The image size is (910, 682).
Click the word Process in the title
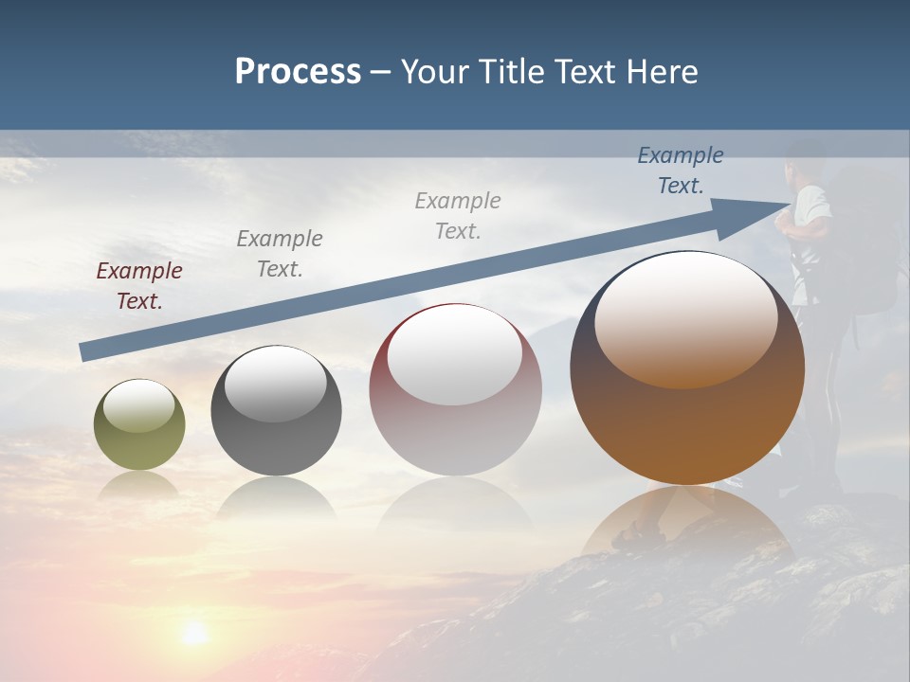pos(298,72)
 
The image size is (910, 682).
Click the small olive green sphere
pos(139,425)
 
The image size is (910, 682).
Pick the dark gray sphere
pos(276,411)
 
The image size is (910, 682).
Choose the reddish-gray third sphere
pos(455,389)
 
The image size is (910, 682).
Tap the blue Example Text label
pos(680,170)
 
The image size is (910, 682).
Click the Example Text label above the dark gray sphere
pos(280,254)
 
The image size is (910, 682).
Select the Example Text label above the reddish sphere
pos(458,215)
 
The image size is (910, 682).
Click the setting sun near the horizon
pos(194,633)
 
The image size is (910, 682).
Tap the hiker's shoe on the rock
pos(629,540)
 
